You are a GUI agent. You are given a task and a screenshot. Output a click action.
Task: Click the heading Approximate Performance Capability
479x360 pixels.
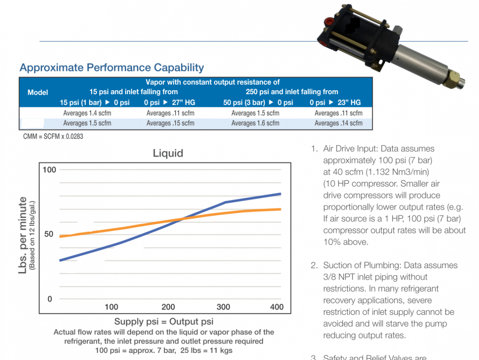click(x=112, y=68)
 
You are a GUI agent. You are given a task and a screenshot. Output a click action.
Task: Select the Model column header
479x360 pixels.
click(x=38, y=92)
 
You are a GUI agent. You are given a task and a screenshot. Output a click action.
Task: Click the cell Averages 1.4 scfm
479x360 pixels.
click(x=87, y=113)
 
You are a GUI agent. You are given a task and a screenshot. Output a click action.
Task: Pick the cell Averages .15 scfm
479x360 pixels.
click(x=170, y=123)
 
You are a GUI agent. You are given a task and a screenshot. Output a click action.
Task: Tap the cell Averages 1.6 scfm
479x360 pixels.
click(x=255, y=123)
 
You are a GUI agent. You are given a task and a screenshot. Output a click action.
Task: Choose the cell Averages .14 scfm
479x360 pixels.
click(x=338, y=123)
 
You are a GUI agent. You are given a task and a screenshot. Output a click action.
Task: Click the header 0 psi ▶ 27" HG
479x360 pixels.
click(x=169, y=102)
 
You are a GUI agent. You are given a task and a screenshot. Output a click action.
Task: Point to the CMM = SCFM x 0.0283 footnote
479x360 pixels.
click(x=53, y=137)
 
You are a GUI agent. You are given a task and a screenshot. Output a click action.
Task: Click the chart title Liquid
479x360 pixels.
click(x=168, y=153)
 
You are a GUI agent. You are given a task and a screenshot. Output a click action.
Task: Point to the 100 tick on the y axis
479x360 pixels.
click(x=49, y=170)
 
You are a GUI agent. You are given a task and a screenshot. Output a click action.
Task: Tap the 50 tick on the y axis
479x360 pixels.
click(x=49, y=234)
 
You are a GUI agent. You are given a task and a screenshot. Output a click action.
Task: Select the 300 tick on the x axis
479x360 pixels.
click(x=223, y=307)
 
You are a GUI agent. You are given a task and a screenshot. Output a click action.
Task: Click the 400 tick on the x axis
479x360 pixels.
click(x=277, y=307)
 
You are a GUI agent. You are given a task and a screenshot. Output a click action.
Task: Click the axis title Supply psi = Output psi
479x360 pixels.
click(x=164, y=322)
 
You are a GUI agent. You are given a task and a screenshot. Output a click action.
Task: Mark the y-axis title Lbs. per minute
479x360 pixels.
click(x=23, y=236)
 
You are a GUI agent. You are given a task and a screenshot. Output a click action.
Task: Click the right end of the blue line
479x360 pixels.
click(x=280, y=194)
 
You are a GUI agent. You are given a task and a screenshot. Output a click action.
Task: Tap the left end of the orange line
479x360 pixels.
click(x=61, y=236)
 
